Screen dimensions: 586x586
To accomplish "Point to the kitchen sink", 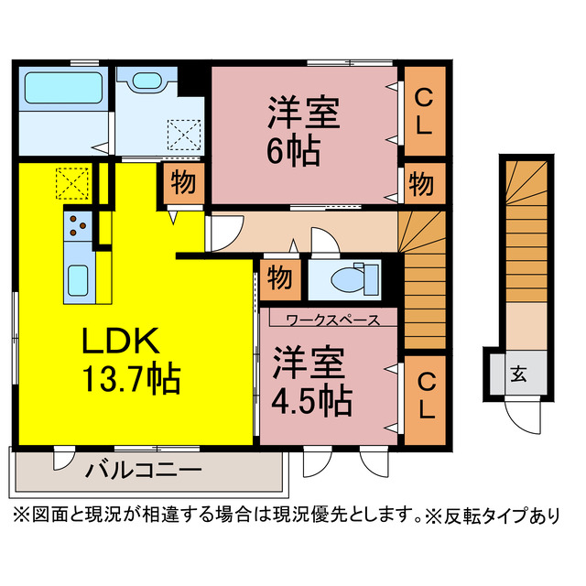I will click(77, 277).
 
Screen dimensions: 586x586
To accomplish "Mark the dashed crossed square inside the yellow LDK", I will click(71, 183).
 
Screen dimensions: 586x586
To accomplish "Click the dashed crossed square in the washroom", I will click(186, 138).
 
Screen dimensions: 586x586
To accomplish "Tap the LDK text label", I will click(123, 342).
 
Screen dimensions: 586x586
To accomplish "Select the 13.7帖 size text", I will click(132, 377).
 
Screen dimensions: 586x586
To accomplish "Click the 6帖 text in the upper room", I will click(294, 148).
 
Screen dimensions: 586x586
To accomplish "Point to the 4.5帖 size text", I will click(312, 399).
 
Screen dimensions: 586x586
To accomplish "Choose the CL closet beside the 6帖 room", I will click(422, 111).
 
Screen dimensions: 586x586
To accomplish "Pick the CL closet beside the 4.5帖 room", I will click(422, 392).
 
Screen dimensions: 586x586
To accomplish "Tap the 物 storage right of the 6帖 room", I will click(422, 182).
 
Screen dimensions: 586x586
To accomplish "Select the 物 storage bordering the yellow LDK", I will click(182, 183).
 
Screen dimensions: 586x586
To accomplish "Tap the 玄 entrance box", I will click(517, 374).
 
